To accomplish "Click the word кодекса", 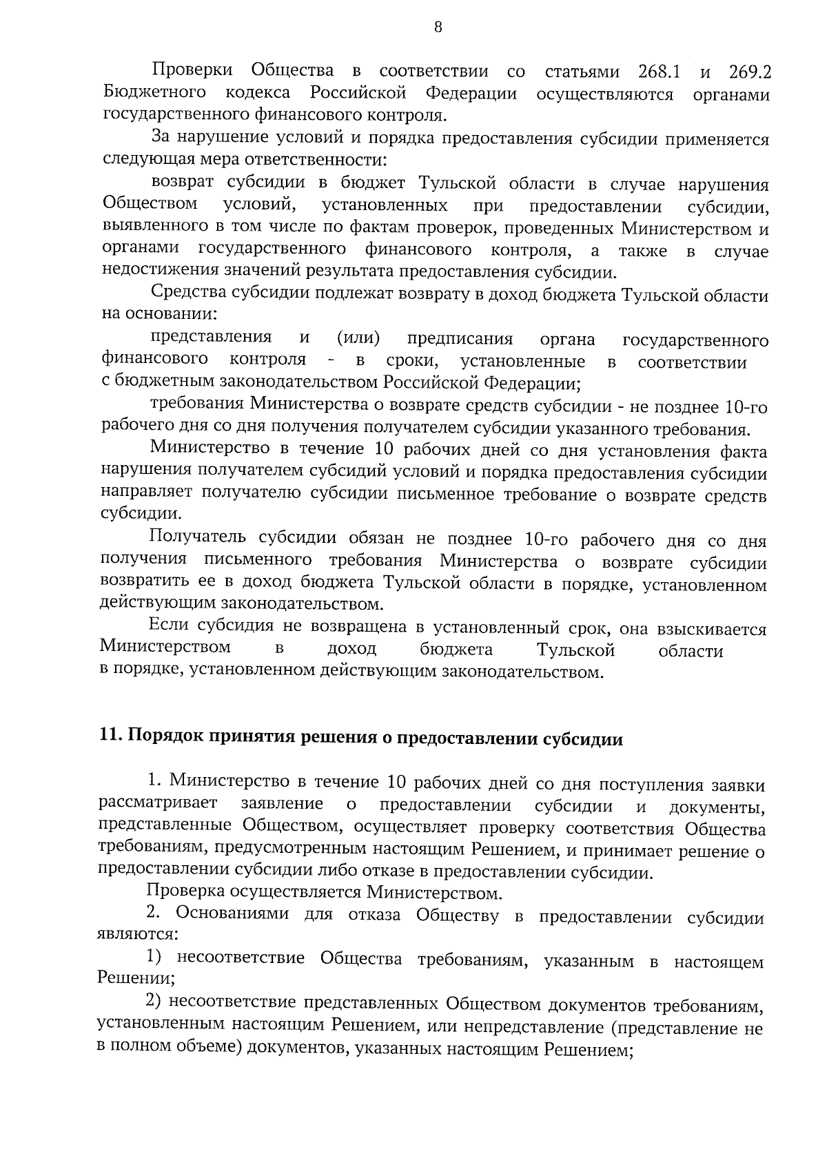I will (x=257, y=94).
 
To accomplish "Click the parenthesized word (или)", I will (x=358, y=338).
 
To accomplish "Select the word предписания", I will (x=460, y=339).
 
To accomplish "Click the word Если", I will (x=170, y=628).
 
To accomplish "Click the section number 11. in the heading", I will (x=110, y=739).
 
